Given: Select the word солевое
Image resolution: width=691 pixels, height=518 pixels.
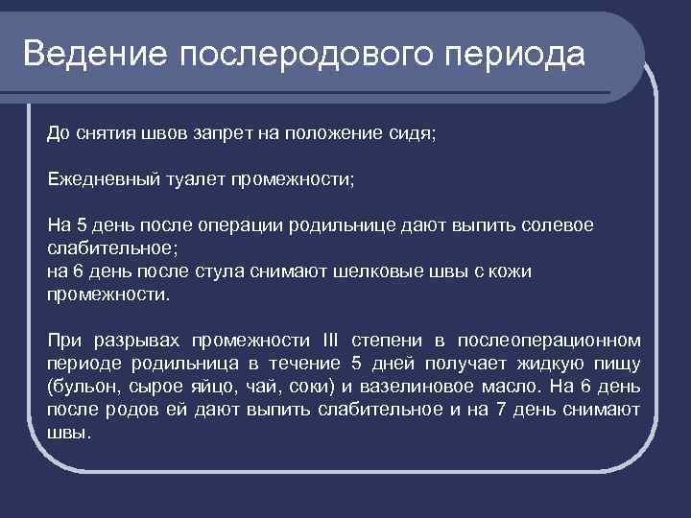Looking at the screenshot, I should click(558, 224).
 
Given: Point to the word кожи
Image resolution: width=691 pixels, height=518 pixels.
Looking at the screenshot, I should click(511, 271).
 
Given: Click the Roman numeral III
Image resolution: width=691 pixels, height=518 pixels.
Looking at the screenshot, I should click(329, 341).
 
